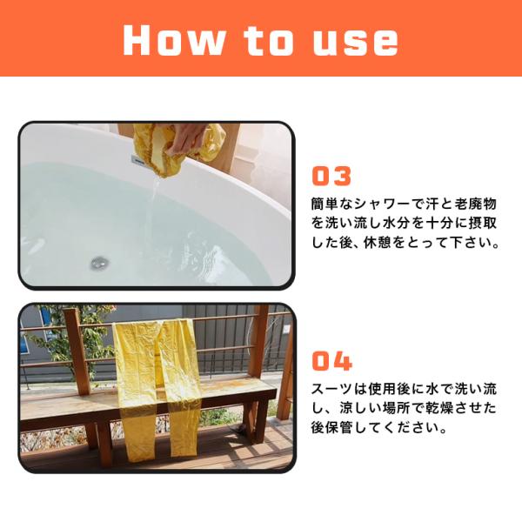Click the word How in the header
[x=173, y=40]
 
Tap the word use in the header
[x=356, y=42]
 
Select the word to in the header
[x=268, y=41]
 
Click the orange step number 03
[x=331, y=176]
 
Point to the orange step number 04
[x=332, y=361]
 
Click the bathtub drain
[x=99, y=263]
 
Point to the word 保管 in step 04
[x=339, y=427]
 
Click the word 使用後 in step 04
[x=389, y=389]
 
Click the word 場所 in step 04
[x=396, y=408]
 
